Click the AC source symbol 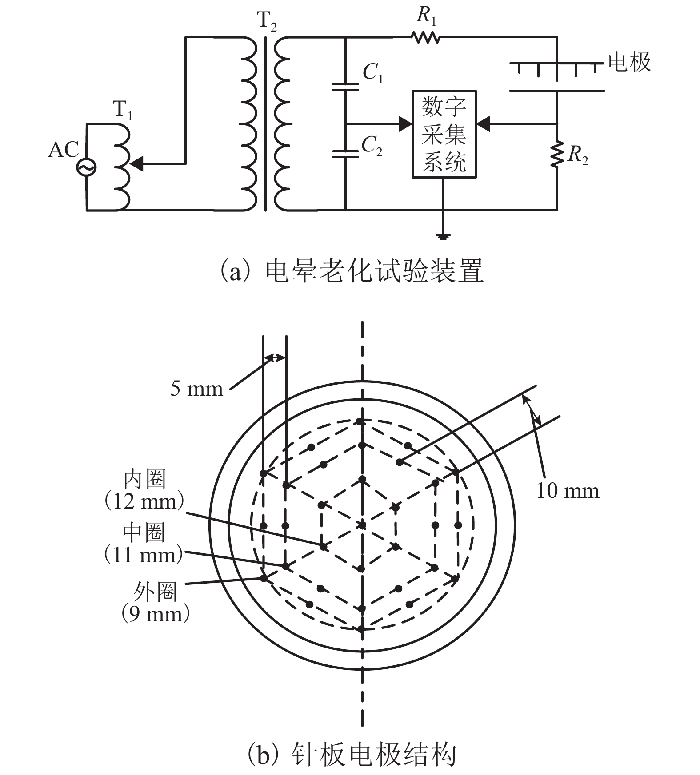(86, 167)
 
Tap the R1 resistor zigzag (425, 37)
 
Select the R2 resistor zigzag (557, 154)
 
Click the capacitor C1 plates (345, 86)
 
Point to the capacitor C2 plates (345, 154)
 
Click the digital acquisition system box (444, 134)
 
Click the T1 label (123, 109)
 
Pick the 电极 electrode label (629, 62)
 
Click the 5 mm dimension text (196, 389)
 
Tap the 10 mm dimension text (568, 491)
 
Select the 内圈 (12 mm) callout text (144, 490)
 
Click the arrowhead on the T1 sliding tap (137, 164)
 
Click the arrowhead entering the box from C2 (405, 123)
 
